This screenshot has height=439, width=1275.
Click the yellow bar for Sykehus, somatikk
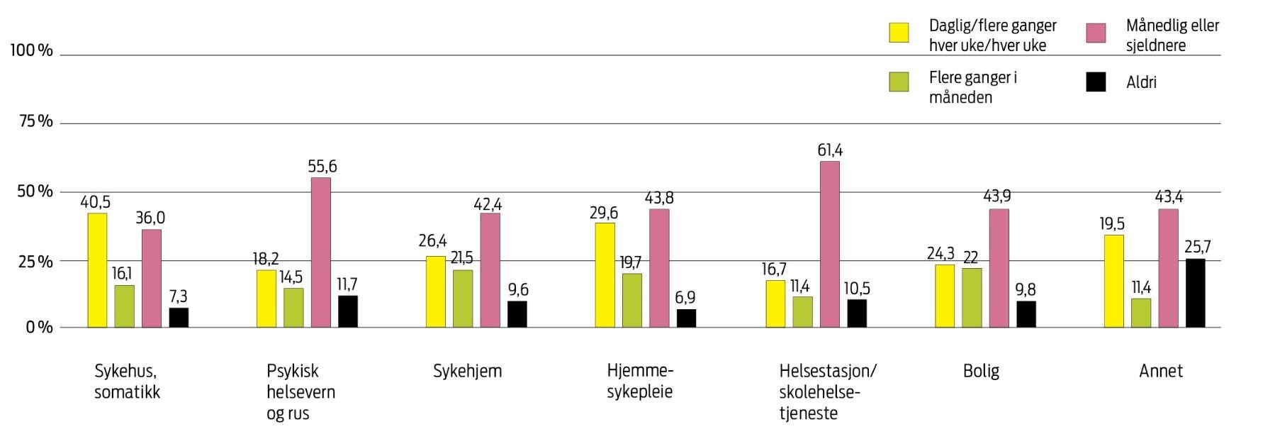click(97, 270)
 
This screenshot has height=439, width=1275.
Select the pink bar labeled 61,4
click(829, 245)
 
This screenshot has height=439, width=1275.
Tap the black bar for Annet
click(1195, 293)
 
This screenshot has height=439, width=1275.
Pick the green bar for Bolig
click(972, 298)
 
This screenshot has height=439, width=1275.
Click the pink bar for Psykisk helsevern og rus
click(320, 252)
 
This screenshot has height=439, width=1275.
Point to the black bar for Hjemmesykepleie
click(686, 318)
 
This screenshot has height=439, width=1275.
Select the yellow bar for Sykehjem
click(435, 291)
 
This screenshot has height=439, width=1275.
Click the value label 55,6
click(322, 167)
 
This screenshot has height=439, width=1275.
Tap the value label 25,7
click(1197, 247)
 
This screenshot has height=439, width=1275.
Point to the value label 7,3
click(178, 296)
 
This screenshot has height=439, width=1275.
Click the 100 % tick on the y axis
click(31, 51)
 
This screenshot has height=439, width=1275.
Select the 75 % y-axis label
click(35, 121)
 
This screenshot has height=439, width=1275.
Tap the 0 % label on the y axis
click(40, 328)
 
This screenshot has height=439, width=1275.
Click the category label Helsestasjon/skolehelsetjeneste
click(827, 391)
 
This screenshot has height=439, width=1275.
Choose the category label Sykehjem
click(467, 371)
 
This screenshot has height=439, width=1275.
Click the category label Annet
click(1160, 371)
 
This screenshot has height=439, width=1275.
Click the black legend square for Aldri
click(1096, 82)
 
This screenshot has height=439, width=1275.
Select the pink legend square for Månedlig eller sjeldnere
click(1096, 33)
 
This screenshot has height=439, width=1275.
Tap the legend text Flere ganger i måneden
click(972, 87)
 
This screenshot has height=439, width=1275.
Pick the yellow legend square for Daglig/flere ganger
click(899, 33)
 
